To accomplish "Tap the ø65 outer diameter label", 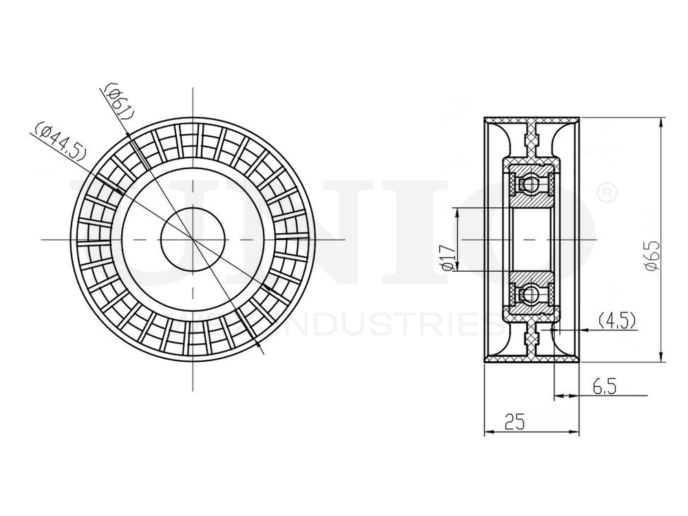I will pyautogui.click(x=652, y=257).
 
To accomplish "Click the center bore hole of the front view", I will pyautogui.click(x=192, y=239).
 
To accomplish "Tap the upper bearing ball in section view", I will pyautogui.click(x=530, y=184).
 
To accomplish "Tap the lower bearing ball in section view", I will pyautogui.click(x=530, y=294).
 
